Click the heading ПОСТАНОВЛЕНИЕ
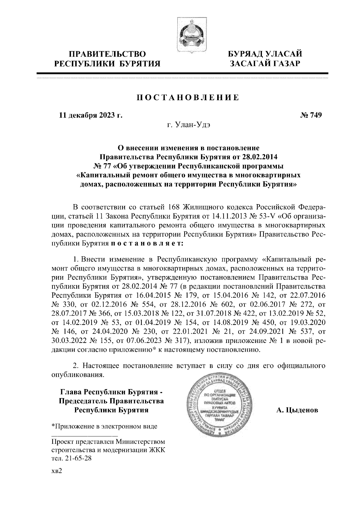(x=188, y=97)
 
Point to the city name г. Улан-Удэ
(x=189, y=124)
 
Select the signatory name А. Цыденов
(x=297, y=410)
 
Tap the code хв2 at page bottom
(x=57, y=471)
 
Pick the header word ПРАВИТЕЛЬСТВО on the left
(x=107, y=54)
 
